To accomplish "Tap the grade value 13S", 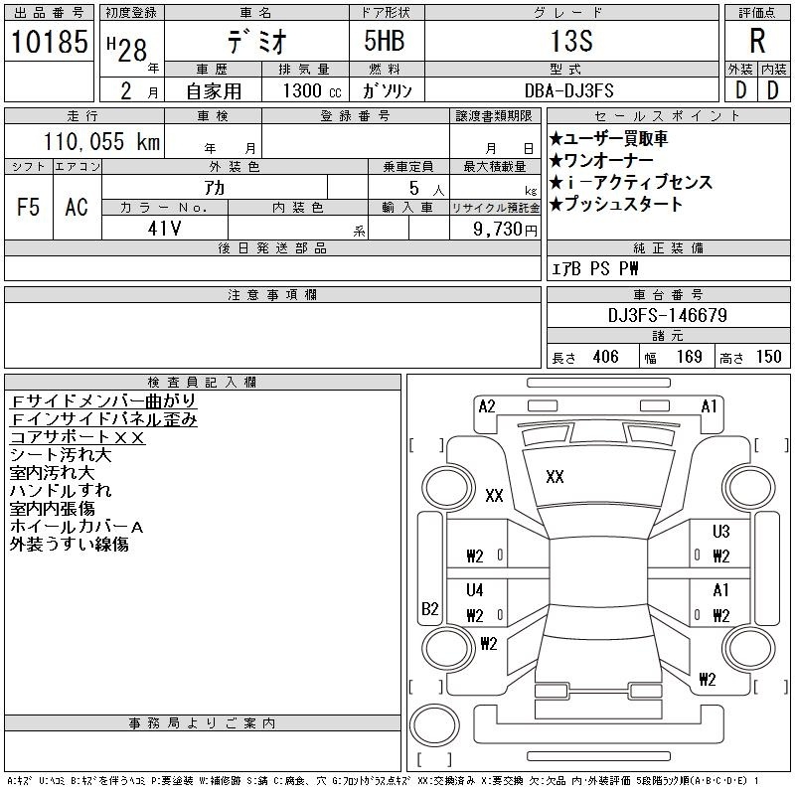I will coord(570,43).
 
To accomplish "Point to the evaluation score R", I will coord(757,43).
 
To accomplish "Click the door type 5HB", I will coord(376,43).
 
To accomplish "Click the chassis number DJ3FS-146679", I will coord(668,316).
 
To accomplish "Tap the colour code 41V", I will coord(164,229).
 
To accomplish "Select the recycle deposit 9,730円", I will coord(508,230).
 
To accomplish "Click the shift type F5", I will coord(29,207).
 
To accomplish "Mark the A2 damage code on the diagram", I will coord(487,405).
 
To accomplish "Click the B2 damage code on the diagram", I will coord(430,609).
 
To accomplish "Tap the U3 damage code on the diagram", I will coord(720,532).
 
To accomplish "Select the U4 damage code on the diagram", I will coord(475,590).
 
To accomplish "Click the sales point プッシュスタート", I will coord(616,205).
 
